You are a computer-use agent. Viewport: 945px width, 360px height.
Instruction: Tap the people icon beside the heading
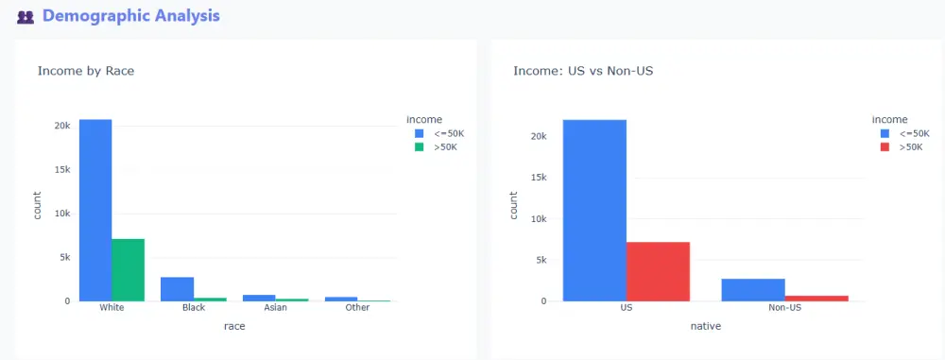pyautogui.click(x=26, y=17)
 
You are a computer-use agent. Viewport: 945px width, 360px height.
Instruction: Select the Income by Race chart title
pyautogui.click(x=86, y=71)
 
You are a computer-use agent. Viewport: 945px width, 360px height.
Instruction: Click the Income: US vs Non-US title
pyautogui.click(x=582, y=71)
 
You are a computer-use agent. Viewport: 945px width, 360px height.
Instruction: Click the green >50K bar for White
pyautogui.click(x=128, y=269)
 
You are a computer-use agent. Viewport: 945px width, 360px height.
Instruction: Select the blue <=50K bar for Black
pyautogui.click(x=177, y=288)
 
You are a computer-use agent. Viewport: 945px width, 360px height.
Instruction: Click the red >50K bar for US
pyautogui.click(x=658, y=271)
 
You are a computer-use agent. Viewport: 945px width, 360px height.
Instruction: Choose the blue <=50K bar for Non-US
pyautogui.click(x=753, y=289)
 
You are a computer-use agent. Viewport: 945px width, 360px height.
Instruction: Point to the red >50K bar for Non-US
pyautogui.click(x=816, y=298)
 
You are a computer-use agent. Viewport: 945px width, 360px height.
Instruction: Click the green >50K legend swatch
pyautogui.click(x=421, y=147)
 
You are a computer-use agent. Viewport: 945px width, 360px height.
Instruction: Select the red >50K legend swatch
pyautogui.click(x=885, y=147)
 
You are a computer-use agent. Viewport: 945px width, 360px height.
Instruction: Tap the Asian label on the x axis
pyautogui.click(x=275, y=308)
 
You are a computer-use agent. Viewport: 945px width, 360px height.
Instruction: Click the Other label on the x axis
pyautogui.click(x=357, y=308)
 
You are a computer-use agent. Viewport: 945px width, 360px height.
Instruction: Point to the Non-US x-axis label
pyautogui.click(x=784, y=308)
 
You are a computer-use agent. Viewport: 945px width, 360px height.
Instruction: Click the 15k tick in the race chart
pyautogui.click(x=60, y=170)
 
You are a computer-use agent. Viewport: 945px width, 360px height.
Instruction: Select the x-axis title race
pyautogui.click(x=234, y=326)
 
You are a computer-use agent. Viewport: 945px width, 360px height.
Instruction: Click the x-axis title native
pyautogui.click(x=705, y=326)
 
